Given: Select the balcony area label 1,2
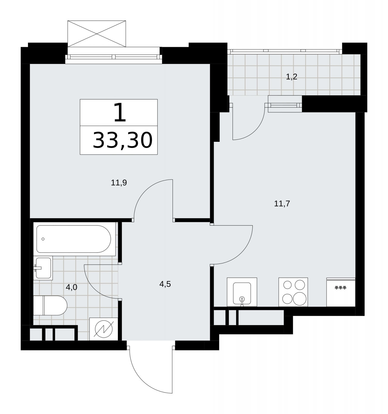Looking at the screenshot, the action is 291,77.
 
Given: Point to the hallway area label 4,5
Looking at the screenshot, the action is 165,284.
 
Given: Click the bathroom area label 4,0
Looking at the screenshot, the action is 71,287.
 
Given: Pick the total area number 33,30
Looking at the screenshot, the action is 123,140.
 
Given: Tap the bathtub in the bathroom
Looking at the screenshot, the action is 74,239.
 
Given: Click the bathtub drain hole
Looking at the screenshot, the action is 43,239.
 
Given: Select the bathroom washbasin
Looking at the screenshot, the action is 43,268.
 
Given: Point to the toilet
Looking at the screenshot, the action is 50,306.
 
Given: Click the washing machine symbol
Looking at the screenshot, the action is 104,329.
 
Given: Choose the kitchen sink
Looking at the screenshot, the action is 242,292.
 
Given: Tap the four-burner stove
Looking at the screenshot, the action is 293,292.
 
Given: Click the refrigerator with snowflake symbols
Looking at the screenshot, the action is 341,292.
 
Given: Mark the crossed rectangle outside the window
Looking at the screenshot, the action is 97,34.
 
